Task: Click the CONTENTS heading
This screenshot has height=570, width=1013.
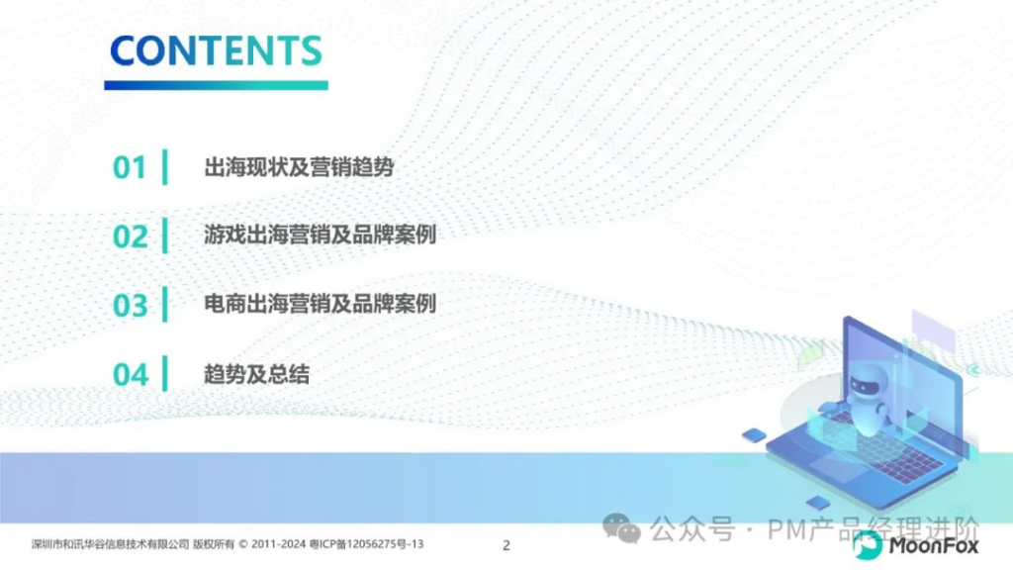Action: pos(216,50)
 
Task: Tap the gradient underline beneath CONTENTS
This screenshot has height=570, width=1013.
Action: pos(216,85)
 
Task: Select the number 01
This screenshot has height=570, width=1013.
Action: pos(130,167)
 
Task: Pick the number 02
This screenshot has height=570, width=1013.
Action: pos(130,237)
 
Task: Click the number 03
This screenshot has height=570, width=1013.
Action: pos(130,305)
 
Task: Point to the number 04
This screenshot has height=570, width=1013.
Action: pos(130,374)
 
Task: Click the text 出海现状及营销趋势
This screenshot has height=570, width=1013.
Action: pos(299,166)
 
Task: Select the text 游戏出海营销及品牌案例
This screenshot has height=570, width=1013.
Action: pos(320,235)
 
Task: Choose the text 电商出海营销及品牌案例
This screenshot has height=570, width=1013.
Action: pos(320,303)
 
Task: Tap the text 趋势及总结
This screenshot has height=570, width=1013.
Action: pos(256,373)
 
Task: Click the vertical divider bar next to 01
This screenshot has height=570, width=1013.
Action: pos(165,166)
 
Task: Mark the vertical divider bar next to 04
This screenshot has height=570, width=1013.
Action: pos(165,373)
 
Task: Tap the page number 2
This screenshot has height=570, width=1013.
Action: pos(506,545)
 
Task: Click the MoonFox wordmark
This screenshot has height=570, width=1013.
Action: pos(934,546)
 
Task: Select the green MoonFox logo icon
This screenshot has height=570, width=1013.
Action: pos(867,545)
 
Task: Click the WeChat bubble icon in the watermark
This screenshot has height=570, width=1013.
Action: pos(621,528)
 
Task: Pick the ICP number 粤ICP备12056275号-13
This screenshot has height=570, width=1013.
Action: pos(366,544)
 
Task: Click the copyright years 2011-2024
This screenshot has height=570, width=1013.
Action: pos(278,544)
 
